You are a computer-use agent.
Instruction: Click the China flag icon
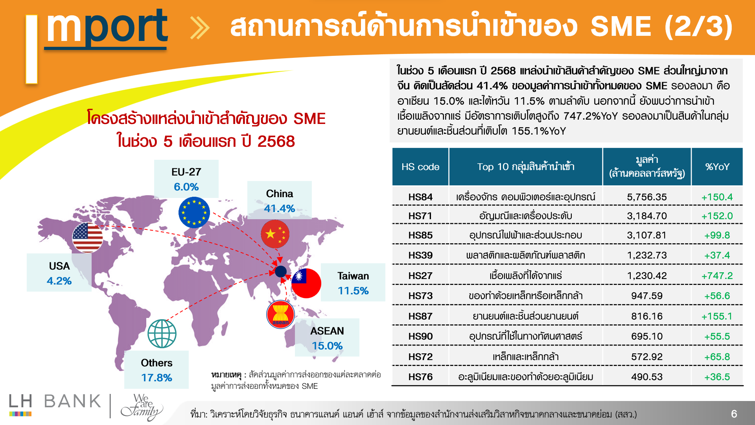tap(275, 234)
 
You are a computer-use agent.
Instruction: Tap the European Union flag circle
tap(194, 213)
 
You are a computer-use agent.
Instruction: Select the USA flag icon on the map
tap(87, 238)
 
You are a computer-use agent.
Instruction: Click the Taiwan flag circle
tap(306, 283)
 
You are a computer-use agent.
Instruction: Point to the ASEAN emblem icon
tap(280, 314)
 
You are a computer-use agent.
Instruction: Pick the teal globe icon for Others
tap(162, 334)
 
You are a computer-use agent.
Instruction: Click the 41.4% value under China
tap(279, 209)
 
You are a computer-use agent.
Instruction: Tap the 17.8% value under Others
tap(157, 378)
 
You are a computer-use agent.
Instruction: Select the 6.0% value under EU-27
tap(186, 187)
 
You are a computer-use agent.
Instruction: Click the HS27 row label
tap(420, 275)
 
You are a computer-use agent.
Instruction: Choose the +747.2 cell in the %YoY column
tap(717, 275)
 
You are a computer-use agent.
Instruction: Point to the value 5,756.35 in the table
tap(647, 197)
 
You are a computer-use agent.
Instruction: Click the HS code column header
tap(420, 167)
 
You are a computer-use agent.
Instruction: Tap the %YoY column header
tap(717, 167)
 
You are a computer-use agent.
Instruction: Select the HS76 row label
tap(420, 377)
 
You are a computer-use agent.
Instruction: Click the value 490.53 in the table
tap(647, 377)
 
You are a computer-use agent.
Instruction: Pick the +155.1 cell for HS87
tap(717, 316)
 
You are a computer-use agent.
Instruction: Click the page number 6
tap(734, 414)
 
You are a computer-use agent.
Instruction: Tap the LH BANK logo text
tap(55, 401)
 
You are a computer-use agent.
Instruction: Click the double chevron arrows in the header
tap(200, 28)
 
